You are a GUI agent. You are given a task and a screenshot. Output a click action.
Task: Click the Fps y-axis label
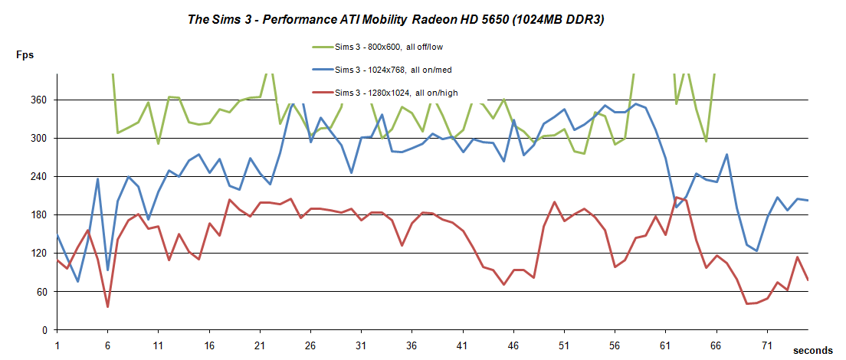point(24,54)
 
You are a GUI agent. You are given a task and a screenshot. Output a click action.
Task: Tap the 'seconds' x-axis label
point(812,349)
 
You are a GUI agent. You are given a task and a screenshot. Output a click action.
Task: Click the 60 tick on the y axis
point(41,292)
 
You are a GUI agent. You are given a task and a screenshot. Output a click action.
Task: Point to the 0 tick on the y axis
point(44,330)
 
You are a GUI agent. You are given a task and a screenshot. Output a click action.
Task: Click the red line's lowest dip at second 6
point(107,306)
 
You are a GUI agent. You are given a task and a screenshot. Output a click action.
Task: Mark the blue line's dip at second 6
point(107,270)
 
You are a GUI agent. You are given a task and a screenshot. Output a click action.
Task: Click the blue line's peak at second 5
point(97,179)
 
